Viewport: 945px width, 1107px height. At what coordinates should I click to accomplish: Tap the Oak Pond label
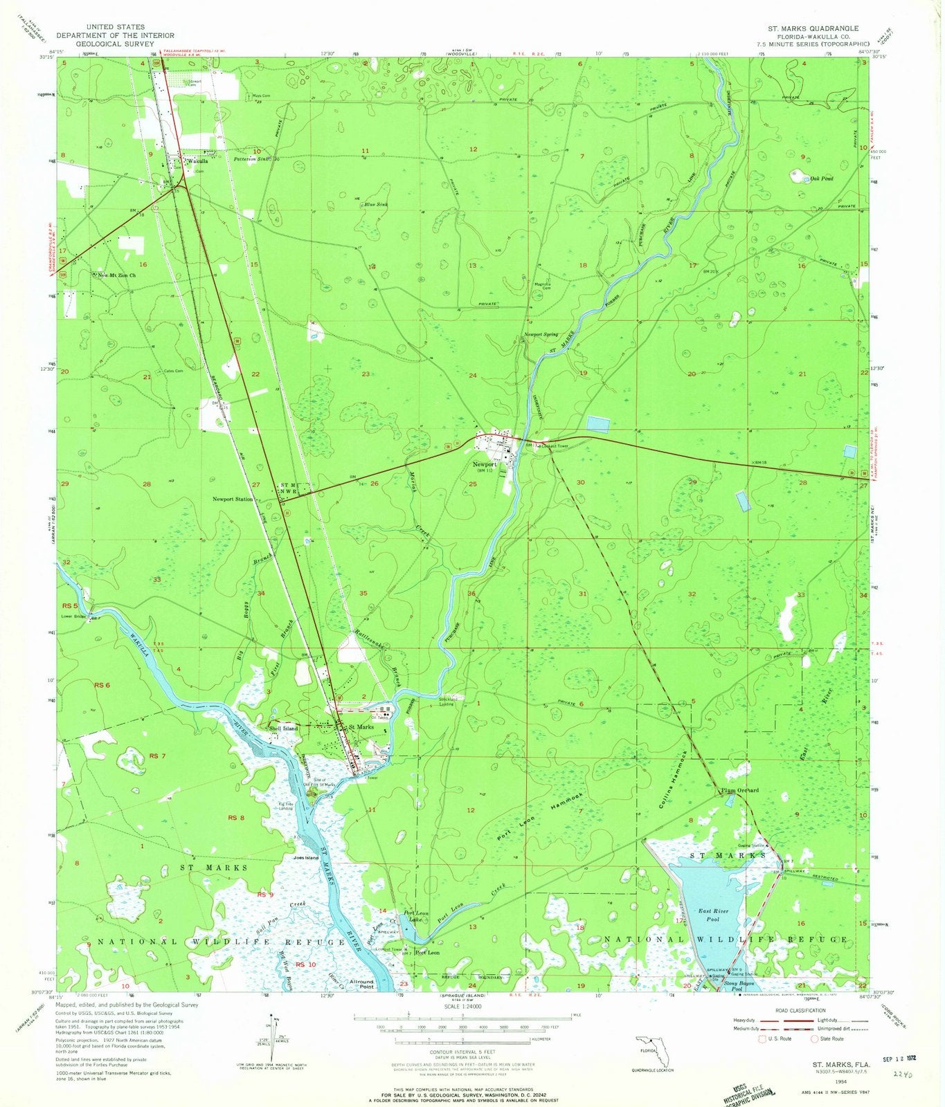click(822, 179)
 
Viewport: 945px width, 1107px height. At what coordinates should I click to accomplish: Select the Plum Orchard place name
click(740, 790)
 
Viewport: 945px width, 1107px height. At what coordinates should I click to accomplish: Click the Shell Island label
click(284, 728)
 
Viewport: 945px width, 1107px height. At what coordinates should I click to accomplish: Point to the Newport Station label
click(233, 499)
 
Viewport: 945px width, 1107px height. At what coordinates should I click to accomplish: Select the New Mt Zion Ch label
click(117, 275)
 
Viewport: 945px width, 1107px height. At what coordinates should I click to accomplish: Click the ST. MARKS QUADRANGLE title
click(813, 28)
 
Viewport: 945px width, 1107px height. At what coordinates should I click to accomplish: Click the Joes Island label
click(306, 857)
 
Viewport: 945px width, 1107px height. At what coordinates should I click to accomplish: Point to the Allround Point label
click(362, 984)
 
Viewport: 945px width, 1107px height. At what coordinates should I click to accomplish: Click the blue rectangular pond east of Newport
click(597, 424)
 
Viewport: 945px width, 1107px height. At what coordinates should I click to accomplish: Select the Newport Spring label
click(541, 334)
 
